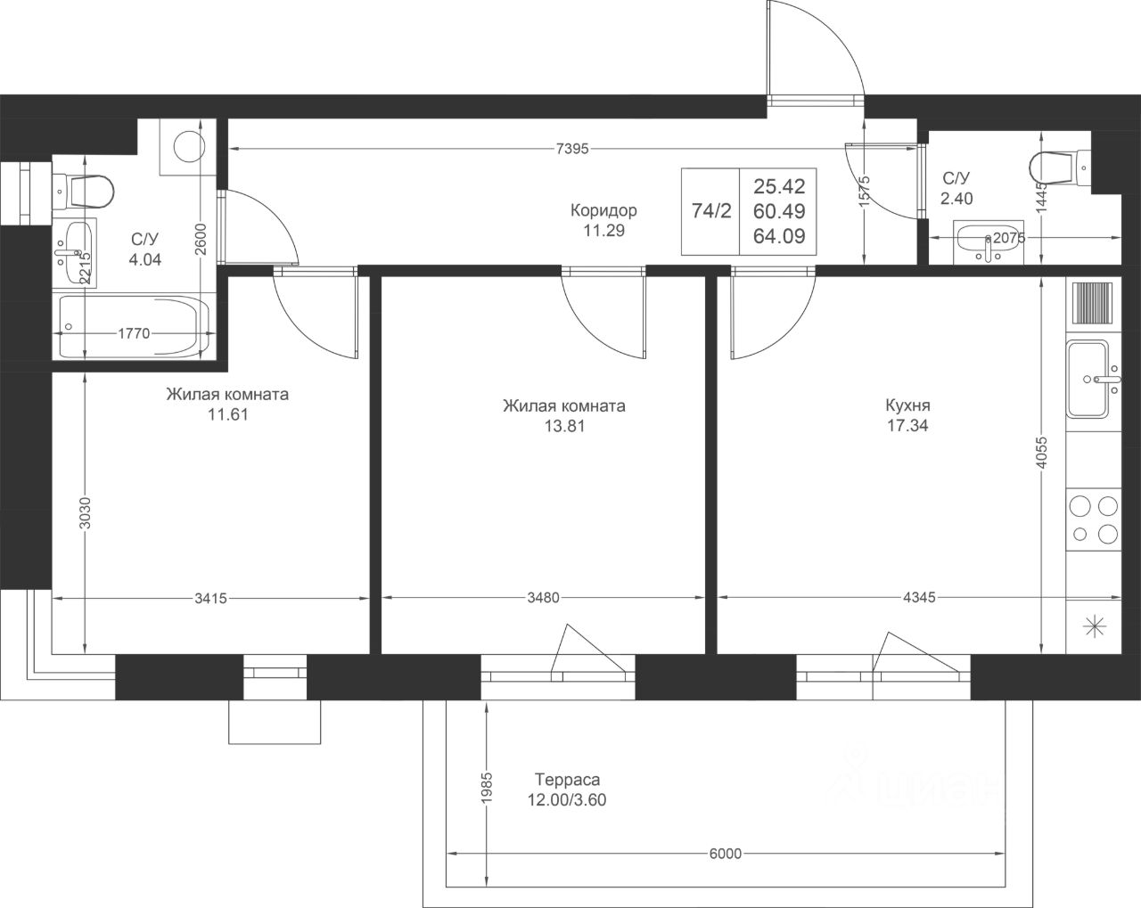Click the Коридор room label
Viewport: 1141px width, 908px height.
[603, 210]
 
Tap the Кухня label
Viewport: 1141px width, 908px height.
[907, 405]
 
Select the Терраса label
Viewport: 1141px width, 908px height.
[567, 780]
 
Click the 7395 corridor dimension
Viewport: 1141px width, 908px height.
[572, 149]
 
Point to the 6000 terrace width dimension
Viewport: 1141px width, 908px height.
[726, 854]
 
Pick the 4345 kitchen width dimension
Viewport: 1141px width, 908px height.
[919, 598]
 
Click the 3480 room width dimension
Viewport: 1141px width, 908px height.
[544, 598]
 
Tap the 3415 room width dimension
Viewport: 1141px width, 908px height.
[210, 599]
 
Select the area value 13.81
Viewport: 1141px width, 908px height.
[564, 426]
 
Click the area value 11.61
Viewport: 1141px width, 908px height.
[228, 414]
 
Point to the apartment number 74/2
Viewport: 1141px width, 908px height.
[711, 211]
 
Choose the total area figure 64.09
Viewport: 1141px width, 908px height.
[779, 236]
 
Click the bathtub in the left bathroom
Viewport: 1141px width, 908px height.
[134, 326]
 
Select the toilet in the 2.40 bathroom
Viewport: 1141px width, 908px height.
[1060, 168]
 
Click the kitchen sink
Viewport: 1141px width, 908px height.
[1094, 379]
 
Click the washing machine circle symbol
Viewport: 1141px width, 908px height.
[186, 146]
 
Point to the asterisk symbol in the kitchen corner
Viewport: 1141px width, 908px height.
[1094, 628]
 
